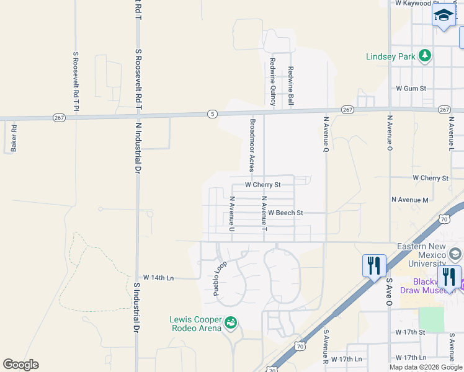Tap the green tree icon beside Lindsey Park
tap(425, 56)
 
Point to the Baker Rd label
tap(14, 139)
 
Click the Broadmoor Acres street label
tap(252, 145)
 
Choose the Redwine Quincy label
tap(272, 82)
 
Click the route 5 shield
tap(212, 114)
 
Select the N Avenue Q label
tap(326, 133)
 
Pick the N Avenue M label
tap(409, 200)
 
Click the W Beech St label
tap(285, 213)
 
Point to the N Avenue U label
tap(232, 215)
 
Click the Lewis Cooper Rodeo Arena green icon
tap(230, 322)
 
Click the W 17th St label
tap(411, 332)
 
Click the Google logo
tap(20, 365)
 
